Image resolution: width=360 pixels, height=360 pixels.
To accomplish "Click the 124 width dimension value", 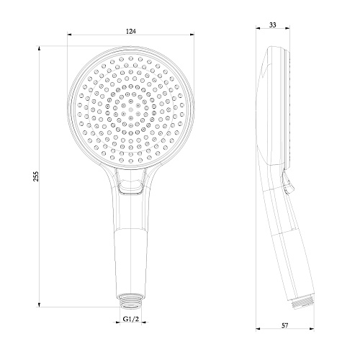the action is [x=131, y=31].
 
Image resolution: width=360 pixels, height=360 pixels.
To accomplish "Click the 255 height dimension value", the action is [x=36, y=176].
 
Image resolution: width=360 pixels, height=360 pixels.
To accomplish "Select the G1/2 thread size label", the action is [x=131, y=319].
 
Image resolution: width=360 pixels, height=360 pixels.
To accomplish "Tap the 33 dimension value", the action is [x=273, y=24].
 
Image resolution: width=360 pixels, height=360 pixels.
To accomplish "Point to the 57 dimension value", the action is [x=284, y=325].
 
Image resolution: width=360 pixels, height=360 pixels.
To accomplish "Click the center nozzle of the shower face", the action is [x=131, y=110].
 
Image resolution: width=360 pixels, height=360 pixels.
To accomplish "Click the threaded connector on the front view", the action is [x=131, y=300].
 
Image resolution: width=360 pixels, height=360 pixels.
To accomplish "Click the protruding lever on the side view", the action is [x=287, y=182].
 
